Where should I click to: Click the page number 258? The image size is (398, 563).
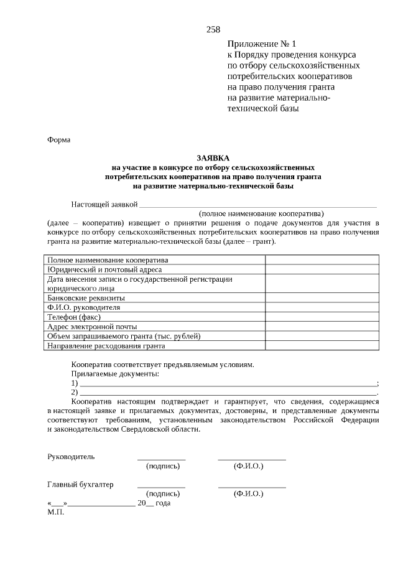pos(213,29)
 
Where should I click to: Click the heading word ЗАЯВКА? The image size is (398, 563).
pos(213,159)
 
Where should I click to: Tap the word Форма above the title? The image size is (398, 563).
pos(59,140)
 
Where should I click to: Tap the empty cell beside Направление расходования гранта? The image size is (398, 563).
pos(322,345)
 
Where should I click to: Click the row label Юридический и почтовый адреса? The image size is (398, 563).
pos(104,269)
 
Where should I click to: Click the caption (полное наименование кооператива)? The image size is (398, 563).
pos(261,213)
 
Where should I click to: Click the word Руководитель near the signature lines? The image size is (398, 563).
pos(72,456)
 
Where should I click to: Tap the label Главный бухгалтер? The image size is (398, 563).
pos(80,484)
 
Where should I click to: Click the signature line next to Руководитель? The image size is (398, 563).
pos(161,458)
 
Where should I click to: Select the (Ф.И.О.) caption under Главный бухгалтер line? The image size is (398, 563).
pos(248,493)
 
